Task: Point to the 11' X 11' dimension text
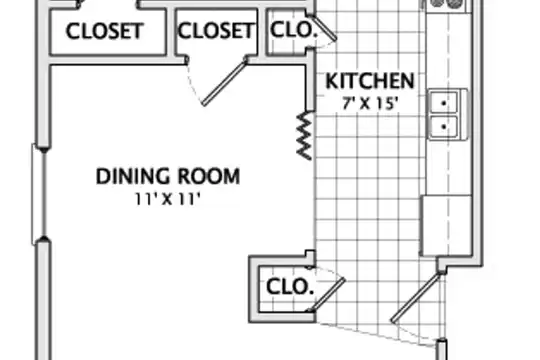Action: [x=167, y=199]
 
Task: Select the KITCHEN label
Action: [x=370, y=81]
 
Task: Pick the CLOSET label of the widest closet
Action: [x=104, y=31]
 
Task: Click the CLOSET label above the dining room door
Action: [x=216, y=30]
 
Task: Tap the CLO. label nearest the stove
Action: [x=293, y=30]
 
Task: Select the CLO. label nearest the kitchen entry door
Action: [x=290, y=287]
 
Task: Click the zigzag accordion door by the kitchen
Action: [x=304, y=135]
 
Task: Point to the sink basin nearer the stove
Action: [x=444, y=103]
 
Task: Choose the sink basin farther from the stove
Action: [x=444, y=127]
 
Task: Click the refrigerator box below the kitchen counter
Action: [x=446, y=226]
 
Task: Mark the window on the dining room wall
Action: [x=39, y=195]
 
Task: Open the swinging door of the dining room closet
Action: [x=225, y=82]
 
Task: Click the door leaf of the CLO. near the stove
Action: [x=325, y=28]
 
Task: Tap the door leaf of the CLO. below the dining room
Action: [x=327, y=295]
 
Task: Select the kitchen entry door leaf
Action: [x=416, y=298]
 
